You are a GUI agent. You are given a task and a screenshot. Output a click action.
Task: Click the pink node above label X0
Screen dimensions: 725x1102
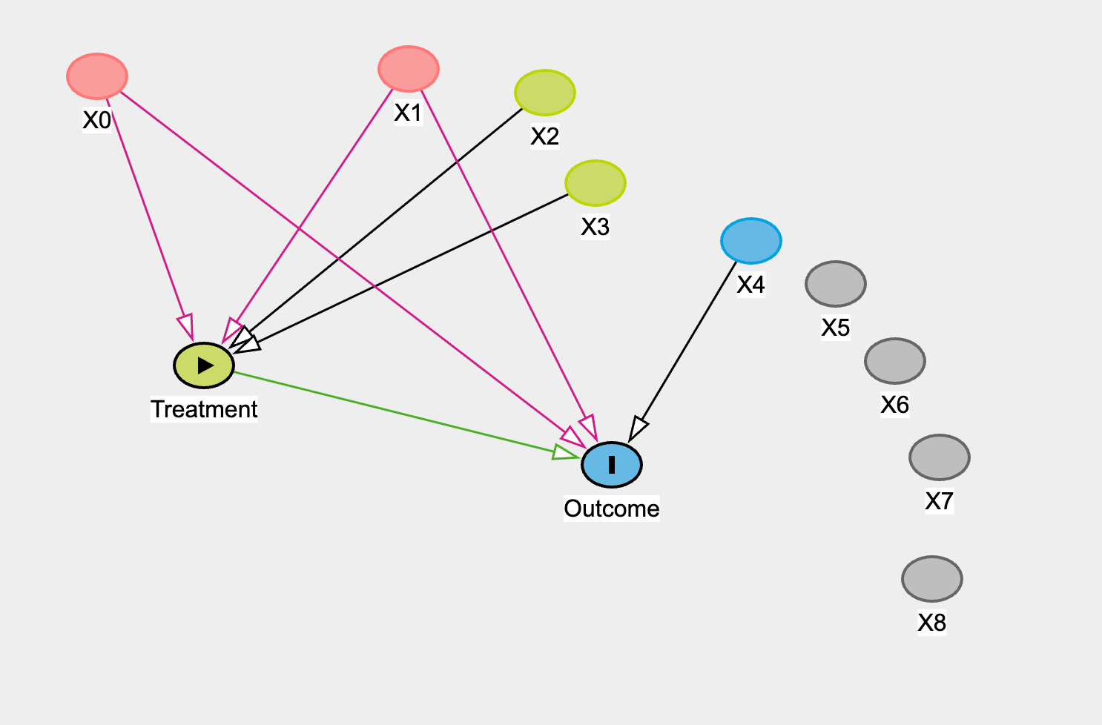click(x=97, y=76)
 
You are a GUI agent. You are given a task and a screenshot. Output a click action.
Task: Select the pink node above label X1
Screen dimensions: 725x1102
click(x=409, y=68)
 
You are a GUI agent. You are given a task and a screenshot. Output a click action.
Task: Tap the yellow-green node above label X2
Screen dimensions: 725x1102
click(x=545, y=93)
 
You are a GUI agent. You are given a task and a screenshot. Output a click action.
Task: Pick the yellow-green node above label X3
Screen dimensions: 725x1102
click(x=595, y=182)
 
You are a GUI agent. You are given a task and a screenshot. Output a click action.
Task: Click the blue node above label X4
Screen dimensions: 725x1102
click(x=751, y=241)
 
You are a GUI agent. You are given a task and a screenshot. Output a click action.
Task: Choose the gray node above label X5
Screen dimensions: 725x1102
click(x=836, y=284)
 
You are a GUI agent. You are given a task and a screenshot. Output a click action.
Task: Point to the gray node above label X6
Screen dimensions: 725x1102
click(x=895, y=361)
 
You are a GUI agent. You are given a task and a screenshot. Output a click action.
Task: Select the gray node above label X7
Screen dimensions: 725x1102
click(x=940, y=457)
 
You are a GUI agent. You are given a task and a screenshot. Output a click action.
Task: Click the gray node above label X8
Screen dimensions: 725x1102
click(x=932, y=579)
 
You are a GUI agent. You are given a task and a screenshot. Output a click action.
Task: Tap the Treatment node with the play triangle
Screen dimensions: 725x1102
click(x=204, y=365)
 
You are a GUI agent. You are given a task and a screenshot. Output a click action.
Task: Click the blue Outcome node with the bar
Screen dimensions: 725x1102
click(x=612, y=465)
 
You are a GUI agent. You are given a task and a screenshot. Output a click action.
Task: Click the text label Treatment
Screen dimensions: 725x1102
click(x=204, y=409)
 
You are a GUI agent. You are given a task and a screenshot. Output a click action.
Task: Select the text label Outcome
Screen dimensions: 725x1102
click(x=612, y=509)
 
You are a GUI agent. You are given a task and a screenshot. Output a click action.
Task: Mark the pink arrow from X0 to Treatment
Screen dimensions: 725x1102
click(x=148, y=215)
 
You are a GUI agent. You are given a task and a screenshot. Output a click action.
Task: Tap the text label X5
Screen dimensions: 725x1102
click(x=836, y=328)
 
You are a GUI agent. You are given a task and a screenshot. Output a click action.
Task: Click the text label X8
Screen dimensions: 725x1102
click(x=932, y=623)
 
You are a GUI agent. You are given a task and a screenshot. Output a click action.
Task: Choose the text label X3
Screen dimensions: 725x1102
click(x=595, y=227)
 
